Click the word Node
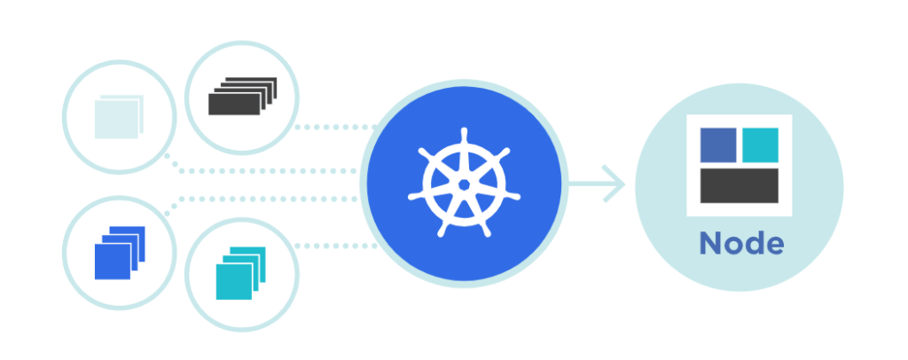tap(741, 243)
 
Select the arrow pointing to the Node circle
tap(597, 184)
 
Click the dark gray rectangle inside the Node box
tap(739, 186)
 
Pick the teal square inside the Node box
tap(760, 145)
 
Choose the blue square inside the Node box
tap(718, 145)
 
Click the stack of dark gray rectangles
tap(242, 96)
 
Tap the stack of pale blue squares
tap(119, 117)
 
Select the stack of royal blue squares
tap(120, 253)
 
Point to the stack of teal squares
tap(240, 273)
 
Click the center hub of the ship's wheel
tap(464, 184)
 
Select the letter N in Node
tap(710, 244)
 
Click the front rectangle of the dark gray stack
tap(234, 104)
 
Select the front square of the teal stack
tap(234, 282)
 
